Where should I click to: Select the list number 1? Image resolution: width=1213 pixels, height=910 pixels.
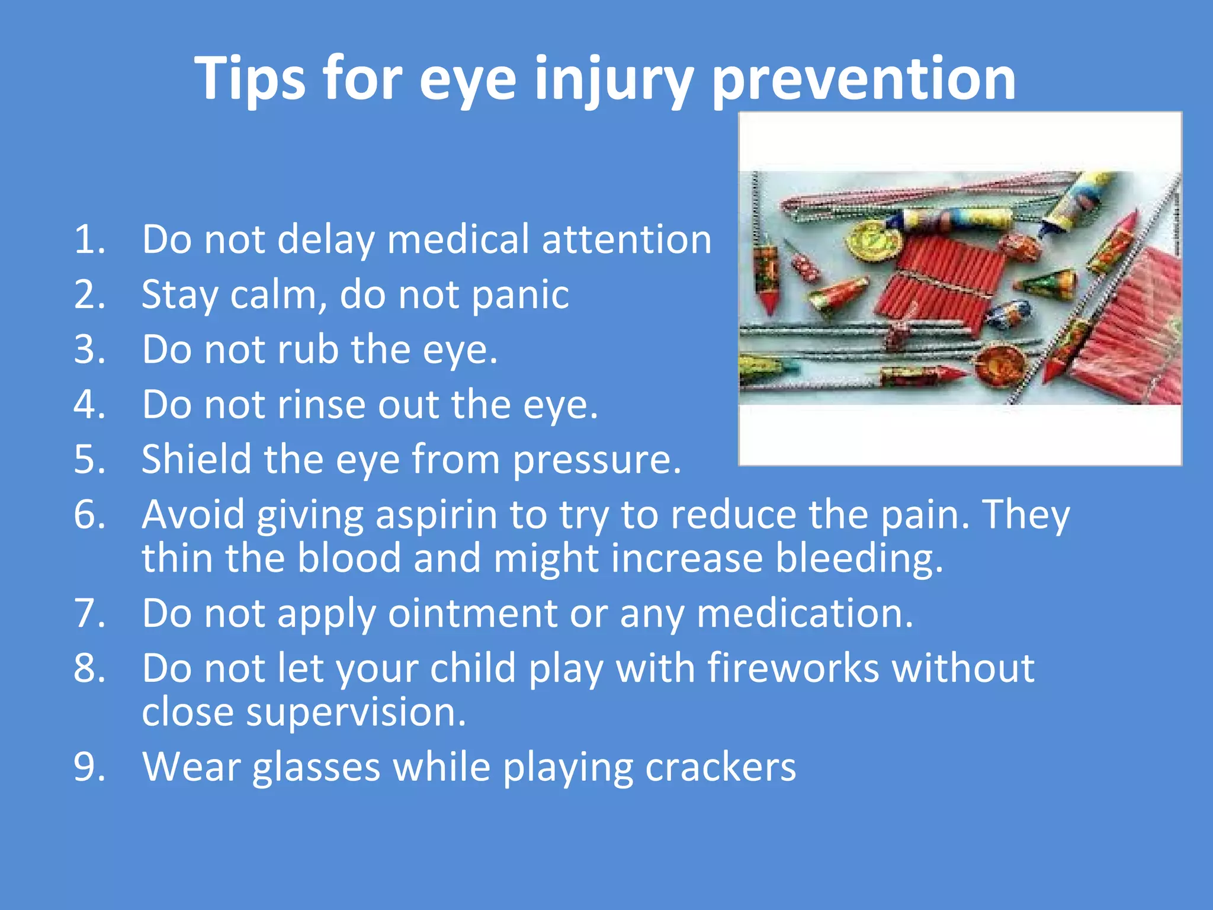[89, 240]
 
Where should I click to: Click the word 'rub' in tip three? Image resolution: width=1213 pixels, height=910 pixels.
[308, 350]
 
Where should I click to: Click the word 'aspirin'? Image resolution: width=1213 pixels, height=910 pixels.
[437, 515]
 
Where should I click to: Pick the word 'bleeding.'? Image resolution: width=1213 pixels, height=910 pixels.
[859, 559]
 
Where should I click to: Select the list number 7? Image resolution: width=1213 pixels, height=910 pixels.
[89, 614]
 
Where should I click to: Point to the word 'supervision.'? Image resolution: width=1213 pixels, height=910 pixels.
[356, 713]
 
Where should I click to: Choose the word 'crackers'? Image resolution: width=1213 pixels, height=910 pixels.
[720, 768]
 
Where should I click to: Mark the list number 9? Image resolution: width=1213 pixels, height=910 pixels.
[89, 768]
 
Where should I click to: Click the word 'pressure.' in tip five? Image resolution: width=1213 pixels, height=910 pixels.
[597, 460]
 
